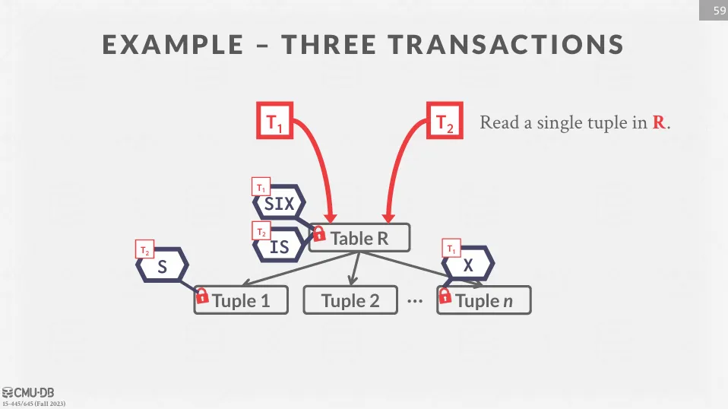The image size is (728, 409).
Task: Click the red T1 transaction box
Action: click(275, 122)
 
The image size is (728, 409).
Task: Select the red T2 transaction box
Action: click(445, 122)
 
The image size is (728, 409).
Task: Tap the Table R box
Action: click(359, 238)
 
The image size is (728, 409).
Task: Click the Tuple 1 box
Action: click(242, 300)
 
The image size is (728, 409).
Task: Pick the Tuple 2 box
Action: click(350, 300)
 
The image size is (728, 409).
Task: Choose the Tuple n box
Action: click(484, 300)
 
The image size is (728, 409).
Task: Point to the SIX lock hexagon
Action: click(279, 204)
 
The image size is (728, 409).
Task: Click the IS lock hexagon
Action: click(279, 246)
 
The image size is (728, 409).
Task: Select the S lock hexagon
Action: click(162, 267)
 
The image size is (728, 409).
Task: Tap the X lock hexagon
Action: click(468, 265)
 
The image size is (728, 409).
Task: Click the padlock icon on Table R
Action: click(319, 233)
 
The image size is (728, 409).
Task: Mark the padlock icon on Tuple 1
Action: click(202, 296)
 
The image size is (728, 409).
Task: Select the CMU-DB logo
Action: click(34, 392)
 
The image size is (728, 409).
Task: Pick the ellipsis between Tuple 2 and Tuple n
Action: click(414, 301)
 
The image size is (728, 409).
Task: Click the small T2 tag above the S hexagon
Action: click(144, 249)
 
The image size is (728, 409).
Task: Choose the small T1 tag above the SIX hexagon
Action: click(261, 187)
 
